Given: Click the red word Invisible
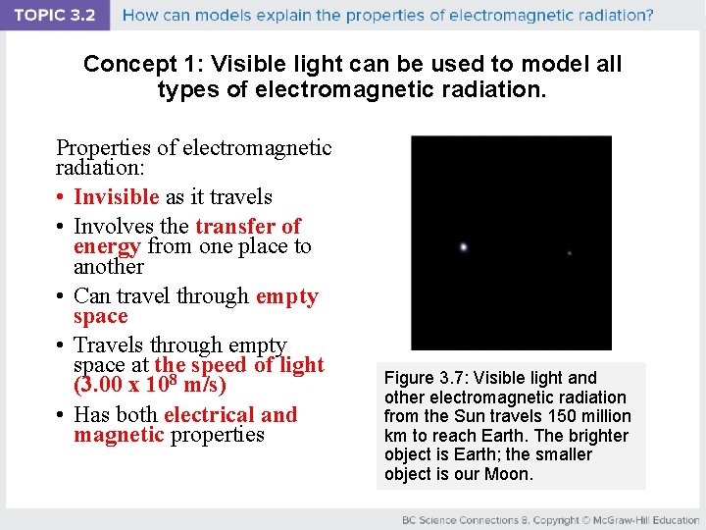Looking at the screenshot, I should pyautogui.click(x=117, y=196).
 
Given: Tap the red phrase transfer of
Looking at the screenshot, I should pyautogui.click(x=248, y=226).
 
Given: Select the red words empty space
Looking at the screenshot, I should pyautogui.click(x=286, y=296).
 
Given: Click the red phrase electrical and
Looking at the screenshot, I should pyautogui.click(x=230, y=414).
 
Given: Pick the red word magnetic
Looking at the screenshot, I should pyautogui.click(x=119, y=435).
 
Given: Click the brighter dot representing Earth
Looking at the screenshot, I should pyautogui.click(x=463, y=247).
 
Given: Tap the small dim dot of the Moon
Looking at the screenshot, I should pyautogui.click(x=570, y=253).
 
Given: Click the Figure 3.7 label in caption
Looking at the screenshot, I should pyautogui.click(x=422, y=378).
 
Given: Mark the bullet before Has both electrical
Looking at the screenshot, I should pyautogui.click(x=62, y=415).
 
